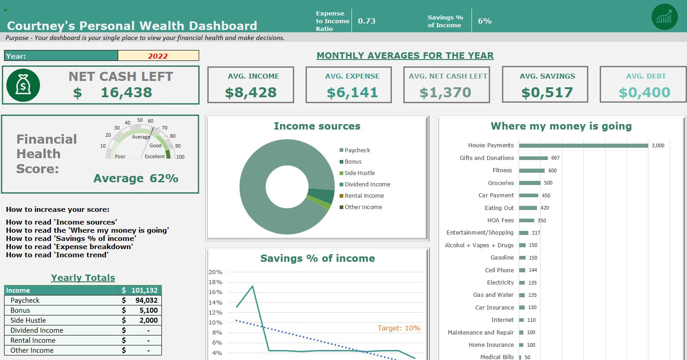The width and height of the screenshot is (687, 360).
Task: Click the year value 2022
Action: pos(158,56)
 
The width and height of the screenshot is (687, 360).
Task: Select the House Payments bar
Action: pos(583,145)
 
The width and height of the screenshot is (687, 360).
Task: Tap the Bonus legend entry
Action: pos(353,162)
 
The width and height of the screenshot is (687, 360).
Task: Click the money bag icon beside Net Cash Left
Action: pos(23,85)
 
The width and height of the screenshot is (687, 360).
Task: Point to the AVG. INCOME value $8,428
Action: pos(251,92)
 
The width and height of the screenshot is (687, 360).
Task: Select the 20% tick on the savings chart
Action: pos(215,272)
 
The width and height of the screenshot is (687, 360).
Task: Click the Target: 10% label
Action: pos(399,328)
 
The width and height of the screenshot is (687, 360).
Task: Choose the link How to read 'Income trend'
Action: pos(57,255)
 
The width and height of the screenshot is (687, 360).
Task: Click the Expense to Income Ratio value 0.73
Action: pos(366,21)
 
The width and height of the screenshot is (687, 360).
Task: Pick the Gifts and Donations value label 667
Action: pos(555,158)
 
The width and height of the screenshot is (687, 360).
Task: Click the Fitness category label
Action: pos(502,170)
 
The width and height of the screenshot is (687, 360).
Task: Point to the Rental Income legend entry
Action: pos(364,196)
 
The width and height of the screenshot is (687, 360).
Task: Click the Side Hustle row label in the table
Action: pos(28,320)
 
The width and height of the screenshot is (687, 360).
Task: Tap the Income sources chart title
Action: pos(317,126)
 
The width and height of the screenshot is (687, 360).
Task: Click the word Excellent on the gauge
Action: pos(155,156)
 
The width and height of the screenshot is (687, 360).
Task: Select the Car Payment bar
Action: pos(528,195)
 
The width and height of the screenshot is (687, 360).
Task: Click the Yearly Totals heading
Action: pos(83,278)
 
